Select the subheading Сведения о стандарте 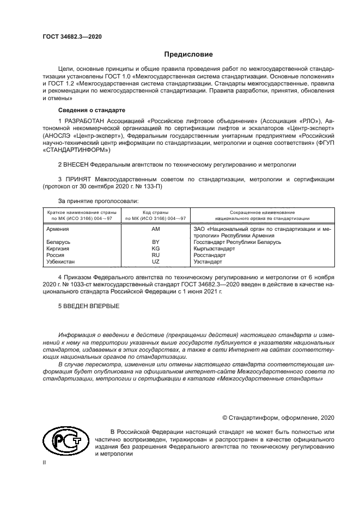pos(87,110)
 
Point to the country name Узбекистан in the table pos(63,261)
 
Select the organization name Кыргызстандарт pos(214,248)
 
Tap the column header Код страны pos(155,212)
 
